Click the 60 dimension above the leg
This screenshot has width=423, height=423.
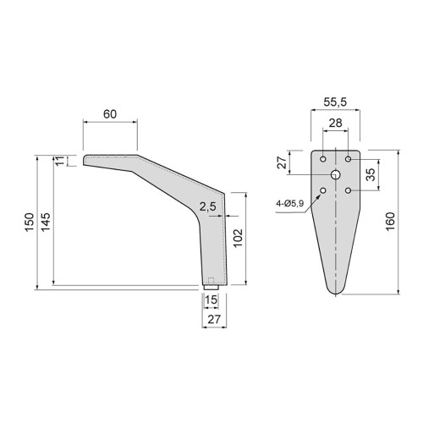109,113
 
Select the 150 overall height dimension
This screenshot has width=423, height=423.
29,223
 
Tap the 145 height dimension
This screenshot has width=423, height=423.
46,223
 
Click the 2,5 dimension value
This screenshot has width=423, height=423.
206,206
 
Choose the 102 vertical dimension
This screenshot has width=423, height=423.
239,237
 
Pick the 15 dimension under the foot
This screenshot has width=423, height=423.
211,300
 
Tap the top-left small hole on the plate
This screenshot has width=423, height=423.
324,158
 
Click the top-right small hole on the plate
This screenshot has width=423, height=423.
349,158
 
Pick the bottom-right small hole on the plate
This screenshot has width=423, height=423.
349,190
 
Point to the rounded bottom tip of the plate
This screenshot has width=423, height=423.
337,292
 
